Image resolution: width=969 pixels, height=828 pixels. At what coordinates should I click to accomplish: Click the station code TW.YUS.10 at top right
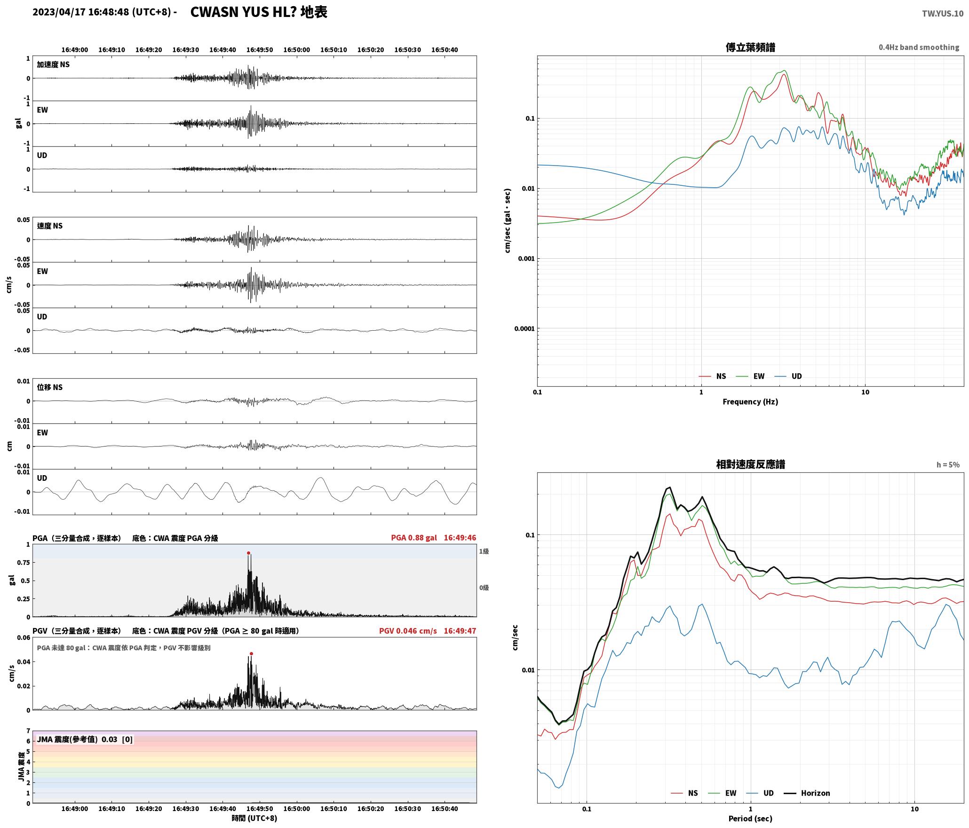942,14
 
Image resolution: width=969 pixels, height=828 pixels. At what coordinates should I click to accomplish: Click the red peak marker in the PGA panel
248,553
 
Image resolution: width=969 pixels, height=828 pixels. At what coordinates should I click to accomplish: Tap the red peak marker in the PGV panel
251,653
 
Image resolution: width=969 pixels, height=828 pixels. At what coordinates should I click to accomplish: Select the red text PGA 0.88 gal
414,538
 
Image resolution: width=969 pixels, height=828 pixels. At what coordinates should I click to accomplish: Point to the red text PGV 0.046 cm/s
408,631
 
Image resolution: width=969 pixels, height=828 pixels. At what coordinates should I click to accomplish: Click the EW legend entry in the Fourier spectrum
751,376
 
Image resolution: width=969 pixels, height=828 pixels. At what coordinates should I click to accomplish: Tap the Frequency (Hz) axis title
750,402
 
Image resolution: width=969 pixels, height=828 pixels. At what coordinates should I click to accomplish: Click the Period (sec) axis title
750,819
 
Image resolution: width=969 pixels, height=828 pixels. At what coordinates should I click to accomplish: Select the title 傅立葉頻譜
750,48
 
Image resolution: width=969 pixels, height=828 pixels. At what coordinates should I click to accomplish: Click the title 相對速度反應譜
750,464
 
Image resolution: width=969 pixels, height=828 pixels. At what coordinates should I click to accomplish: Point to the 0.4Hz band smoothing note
919,48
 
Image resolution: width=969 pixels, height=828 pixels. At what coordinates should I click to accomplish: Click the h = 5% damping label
948,465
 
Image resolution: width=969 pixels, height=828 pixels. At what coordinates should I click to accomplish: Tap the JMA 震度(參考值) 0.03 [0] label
85,740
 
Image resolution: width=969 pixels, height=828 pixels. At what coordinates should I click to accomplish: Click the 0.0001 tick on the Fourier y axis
524,329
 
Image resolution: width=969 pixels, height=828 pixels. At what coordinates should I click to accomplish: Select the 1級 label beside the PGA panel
484,551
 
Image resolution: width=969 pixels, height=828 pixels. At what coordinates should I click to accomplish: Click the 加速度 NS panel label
53,64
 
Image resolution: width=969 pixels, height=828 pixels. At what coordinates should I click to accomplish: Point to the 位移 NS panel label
49,387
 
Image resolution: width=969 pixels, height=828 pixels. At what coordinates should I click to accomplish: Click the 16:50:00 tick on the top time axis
297,50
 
